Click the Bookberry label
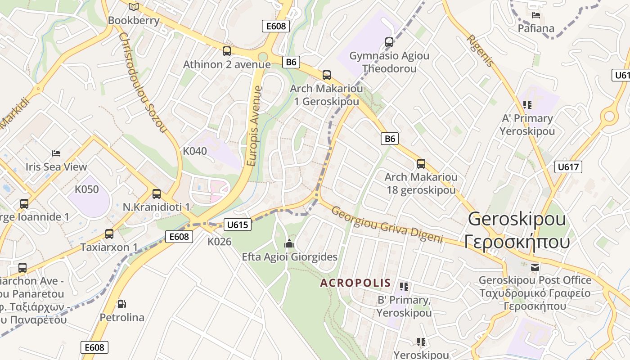point(134,20)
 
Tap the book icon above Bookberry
point(134,7)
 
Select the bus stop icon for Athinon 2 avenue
point(227,51)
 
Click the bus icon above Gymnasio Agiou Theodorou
point(389,42)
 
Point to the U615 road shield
point(237,225)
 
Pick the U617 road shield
point(568,167)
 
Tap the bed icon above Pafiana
point(536,15)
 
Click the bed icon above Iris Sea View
point(56,153)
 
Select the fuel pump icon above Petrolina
point(121,304)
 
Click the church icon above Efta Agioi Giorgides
point(289,244)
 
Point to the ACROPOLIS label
point(355,283)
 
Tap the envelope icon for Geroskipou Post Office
point(535,267)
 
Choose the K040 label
point(195,151)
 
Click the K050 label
point(87,189)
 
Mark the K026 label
point(219,242)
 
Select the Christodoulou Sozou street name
point(143,81)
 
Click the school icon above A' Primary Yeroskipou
point(527,105)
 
